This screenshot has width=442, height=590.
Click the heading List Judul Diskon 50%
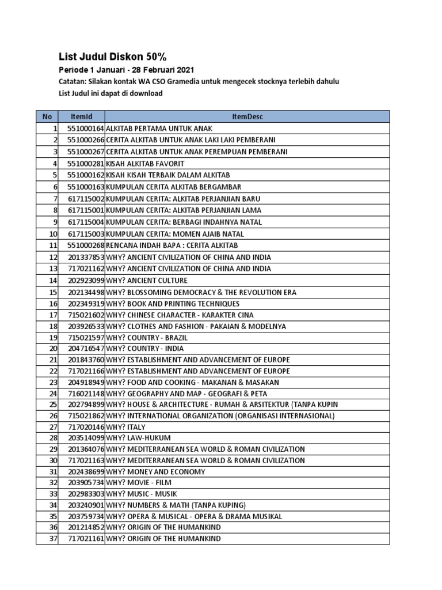click(x=113, y=56)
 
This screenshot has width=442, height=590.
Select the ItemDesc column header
click(x=247, y=117)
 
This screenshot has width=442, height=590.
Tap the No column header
click(x=47, y=117)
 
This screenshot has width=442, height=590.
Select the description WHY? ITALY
click(x=126, y=427)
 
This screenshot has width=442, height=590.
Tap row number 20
click(x=54, y=349)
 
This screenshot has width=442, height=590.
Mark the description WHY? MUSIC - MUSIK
click(x=142, y=494)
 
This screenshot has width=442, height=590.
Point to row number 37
click(x=54, y=539)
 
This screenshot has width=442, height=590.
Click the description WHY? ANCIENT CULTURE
click(x=147, y=281)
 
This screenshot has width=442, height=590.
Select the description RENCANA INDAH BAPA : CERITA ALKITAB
click(x=172, y=245)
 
